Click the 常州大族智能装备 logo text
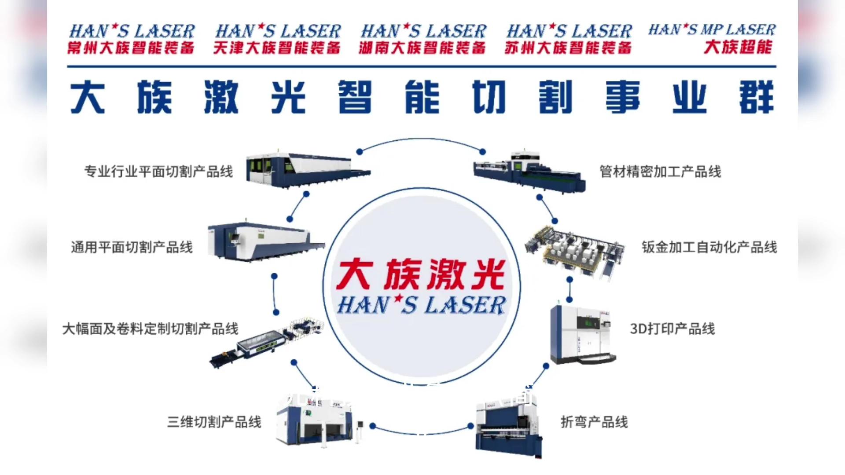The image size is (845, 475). click(x=131, y=47)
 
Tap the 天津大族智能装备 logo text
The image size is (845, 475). click(x=277, y=47)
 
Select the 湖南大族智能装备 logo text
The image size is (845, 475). click(x=422, y=47)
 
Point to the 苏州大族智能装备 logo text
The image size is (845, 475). click(x=568, y=47)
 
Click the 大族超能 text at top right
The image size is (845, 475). click(x=738, y=47)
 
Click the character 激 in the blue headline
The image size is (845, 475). click(x=221, y=97)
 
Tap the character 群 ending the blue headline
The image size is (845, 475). click(x=756, y=97)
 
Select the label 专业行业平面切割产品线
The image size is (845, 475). click(x=158, y=172)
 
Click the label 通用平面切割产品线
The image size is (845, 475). click(x=132, y=247)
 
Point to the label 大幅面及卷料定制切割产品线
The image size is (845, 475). click(x=151, y=329)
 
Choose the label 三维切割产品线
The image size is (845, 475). click(x=214, y=422)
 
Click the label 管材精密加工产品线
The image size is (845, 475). click(x=660, y=172)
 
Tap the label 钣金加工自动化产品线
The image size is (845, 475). click(x=709, y=247)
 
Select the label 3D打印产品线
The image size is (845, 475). click(x=672, y=329)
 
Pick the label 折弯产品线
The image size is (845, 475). click(x=594, y=422)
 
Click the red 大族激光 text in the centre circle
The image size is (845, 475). click(x=421, y=274)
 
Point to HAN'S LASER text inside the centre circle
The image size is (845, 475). click(x=422, y=305)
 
